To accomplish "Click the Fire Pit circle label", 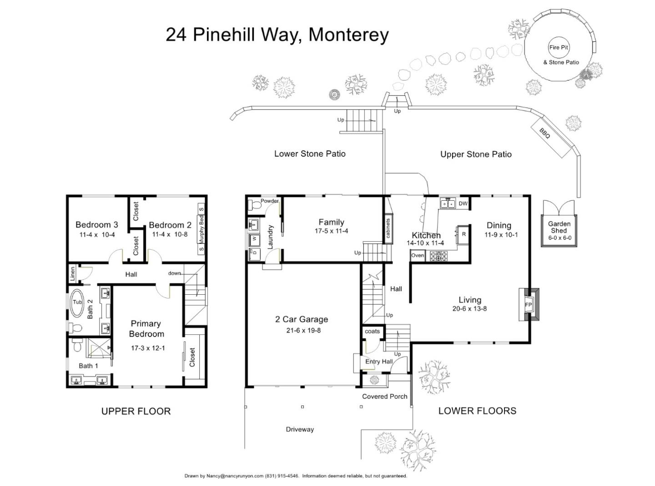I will tap(559, 47).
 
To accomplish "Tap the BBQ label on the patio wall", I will tap(544, 133).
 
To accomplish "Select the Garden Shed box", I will tap(559, 230).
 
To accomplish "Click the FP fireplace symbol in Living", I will tap(529, 305).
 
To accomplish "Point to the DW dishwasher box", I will tap(463, 203).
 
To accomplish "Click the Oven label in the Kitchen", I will tap(418, 256).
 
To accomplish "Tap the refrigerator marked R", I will tap(464, 234).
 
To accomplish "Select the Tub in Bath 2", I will tap(77, 302).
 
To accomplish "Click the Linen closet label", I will tap(72, 274).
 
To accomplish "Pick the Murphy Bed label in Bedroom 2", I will tap(202, 229).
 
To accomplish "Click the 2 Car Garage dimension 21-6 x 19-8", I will tap(303, 330).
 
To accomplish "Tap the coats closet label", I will tap(372, 331).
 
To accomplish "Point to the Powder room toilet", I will tap(256, 206).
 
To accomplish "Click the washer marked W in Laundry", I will tap(254, 238).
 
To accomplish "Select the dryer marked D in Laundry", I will tap(254, 253).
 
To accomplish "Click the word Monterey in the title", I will tap(348, 35).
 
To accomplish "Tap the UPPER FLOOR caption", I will tap(136, 411).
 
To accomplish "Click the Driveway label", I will tap(300, 429).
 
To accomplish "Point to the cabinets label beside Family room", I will tap(388, 228).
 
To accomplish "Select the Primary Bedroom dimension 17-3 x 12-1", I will tap(147, 348).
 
